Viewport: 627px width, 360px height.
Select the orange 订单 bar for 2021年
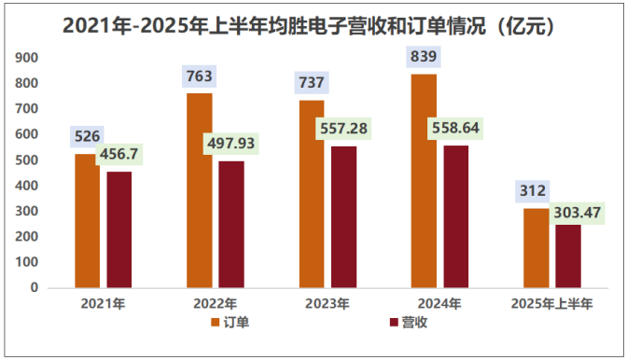87,220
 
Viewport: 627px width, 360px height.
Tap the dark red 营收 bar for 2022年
231,224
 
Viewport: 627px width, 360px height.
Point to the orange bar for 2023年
311,193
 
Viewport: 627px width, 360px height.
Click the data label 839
424,57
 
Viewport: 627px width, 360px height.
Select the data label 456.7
124,154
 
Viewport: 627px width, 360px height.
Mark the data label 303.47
575,214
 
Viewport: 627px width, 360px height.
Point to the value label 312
535,192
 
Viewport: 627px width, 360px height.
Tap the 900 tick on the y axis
27,58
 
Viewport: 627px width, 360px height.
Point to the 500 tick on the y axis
27,160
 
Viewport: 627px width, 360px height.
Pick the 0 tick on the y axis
33,288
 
